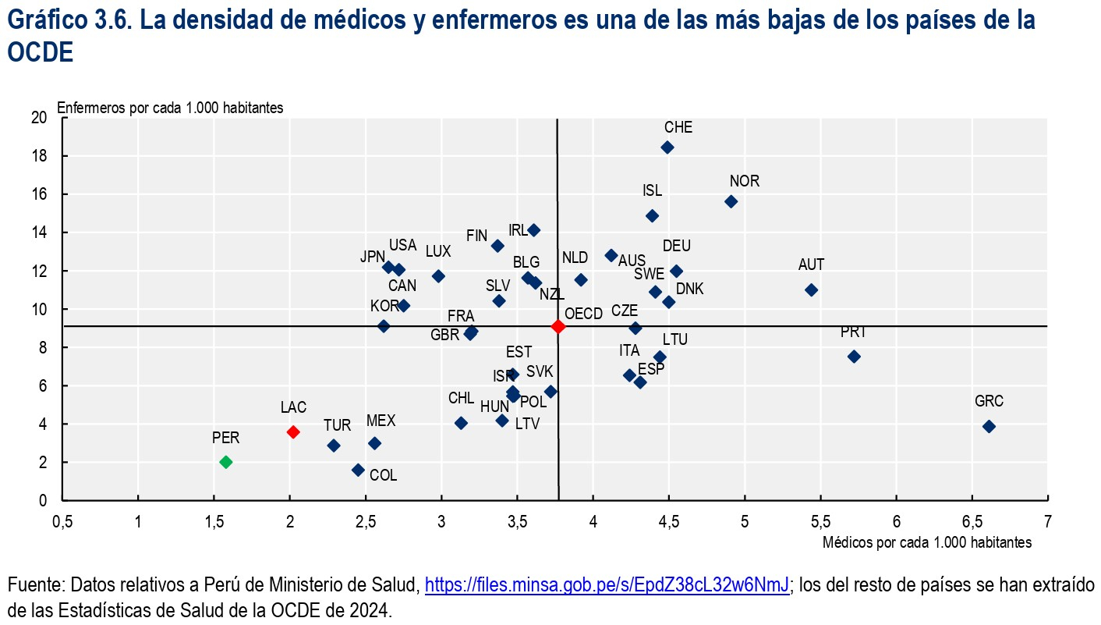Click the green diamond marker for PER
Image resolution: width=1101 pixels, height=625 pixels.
point(226,462)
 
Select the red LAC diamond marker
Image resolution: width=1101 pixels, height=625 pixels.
point(293,431)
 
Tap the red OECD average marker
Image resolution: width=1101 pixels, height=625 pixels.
point(558,326)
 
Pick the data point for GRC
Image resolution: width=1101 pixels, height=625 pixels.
point(989,426)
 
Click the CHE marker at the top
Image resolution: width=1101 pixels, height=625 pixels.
point(667,147)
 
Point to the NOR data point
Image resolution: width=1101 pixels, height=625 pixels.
point(731,201)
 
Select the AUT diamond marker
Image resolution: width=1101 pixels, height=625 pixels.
point(811,289)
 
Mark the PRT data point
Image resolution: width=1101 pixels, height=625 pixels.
point(854,357)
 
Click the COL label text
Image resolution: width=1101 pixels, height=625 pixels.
point(383,474)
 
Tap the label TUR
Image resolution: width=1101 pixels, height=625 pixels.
point(337,425)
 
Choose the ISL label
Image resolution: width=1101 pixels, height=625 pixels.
point(652,191)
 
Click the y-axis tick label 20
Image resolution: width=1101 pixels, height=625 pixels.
point(39,118)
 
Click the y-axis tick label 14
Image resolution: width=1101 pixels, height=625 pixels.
point(39,233)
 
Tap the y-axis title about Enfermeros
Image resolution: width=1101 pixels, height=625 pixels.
point(170,108)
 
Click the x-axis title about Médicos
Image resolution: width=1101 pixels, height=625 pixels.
point(927,542)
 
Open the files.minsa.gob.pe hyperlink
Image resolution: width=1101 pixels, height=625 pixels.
point(607,584)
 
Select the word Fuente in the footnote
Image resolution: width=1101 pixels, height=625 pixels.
point(31,584)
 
